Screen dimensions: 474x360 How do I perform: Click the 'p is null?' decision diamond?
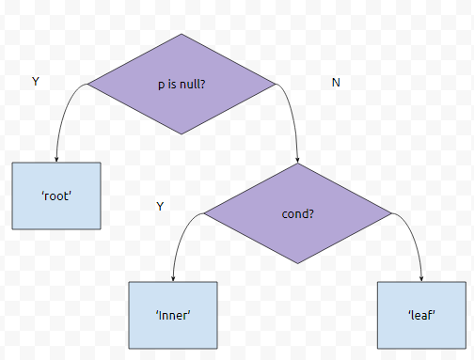(x=182, y=84)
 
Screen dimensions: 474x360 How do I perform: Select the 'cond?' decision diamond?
(x=297, y=213)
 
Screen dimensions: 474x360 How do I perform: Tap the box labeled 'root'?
(x=56, y=196)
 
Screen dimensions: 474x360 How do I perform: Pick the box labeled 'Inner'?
(x=173, y=315)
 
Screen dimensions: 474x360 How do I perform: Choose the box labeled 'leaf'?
(x=421, y=315)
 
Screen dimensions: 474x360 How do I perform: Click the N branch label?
(x=336, y=83)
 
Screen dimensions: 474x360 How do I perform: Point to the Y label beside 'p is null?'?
(x=36, y=82)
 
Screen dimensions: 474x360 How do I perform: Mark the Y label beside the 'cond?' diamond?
(x=160, y=206)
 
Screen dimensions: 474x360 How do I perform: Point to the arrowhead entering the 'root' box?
(x=56, y=159)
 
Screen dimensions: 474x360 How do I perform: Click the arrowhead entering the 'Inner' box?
(x=173, y=278)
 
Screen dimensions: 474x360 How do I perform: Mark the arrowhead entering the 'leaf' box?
(x=421, y=278)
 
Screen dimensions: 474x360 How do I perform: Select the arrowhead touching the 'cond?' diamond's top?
(x=297, y=160)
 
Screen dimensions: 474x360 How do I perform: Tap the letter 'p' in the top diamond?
(x=161, y=86)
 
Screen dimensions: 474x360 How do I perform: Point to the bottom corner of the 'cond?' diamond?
(x=297, y=263)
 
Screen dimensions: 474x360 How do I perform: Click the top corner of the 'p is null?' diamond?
(x=182, y=34)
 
